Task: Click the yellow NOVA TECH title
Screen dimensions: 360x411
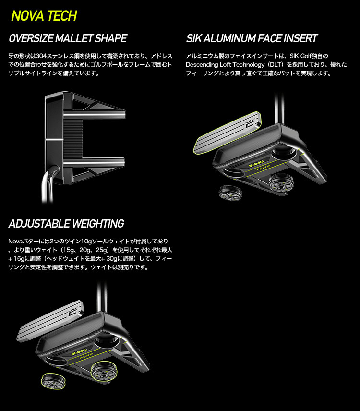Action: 44,16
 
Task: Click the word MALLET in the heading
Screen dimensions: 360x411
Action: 74,38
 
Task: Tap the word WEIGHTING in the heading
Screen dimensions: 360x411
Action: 98,224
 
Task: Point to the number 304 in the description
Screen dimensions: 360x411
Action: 41,56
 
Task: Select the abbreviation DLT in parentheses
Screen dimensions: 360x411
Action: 276,64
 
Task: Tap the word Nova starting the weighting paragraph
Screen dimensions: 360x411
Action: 14,241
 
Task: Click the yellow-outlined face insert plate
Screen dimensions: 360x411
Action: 228,133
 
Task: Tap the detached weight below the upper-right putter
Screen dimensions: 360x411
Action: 230,193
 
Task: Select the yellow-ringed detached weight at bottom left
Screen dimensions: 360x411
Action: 53,381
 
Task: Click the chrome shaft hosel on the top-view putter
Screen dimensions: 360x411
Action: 49,183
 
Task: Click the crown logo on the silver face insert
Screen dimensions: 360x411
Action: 72,312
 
